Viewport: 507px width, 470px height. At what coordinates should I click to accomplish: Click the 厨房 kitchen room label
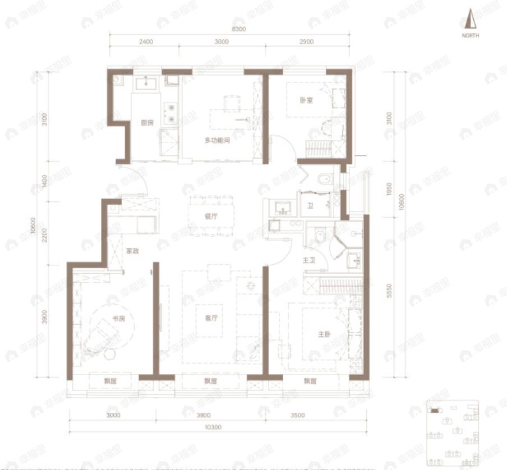point(147,123)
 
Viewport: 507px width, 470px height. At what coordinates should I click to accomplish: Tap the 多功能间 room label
point(217,140)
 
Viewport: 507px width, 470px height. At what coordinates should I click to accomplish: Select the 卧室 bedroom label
point(306,100)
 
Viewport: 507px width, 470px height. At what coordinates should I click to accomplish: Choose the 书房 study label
point(118,319)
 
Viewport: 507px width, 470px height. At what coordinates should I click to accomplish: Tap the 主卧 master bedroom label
point(324,334)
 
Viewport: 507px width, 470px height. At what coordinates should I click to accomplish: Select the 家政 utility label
point(132,251)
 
